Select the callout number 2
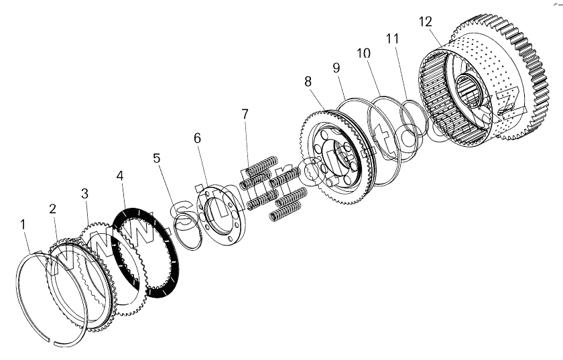tap(52, 208)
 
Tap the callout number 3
tap(84, 194)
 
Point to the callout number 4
tap(120, 176)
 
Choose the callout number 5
tap(156, 159)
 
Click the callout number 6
tap(197, 137)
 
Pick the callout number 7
tap(246, 114)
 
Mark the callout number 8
tap(308, 81)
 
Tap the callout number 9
tap(336, 67)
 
